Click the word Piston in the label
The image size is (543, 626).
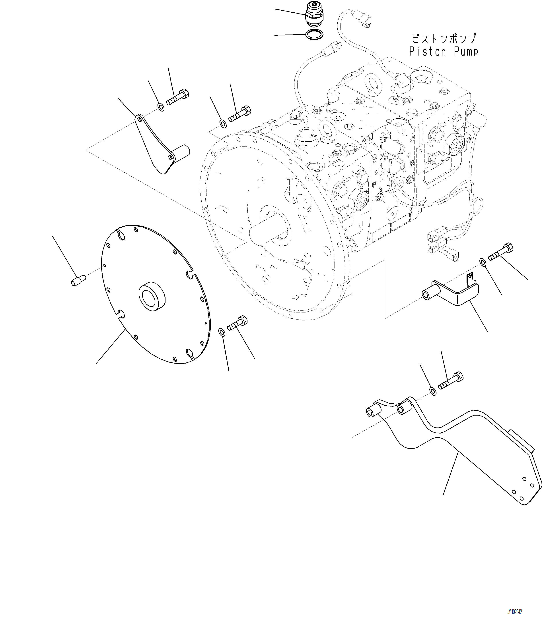[428, 52]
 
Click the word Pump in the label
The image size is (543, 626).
[466, 52]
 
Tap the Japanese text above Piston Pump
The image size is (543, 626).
[443, 39]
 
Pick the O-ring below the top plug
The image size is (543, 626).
[314, 35]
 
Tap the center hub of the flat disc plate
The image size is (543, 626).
[152, 296]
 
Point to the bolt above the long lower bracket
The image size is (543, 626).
[451, 381]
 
